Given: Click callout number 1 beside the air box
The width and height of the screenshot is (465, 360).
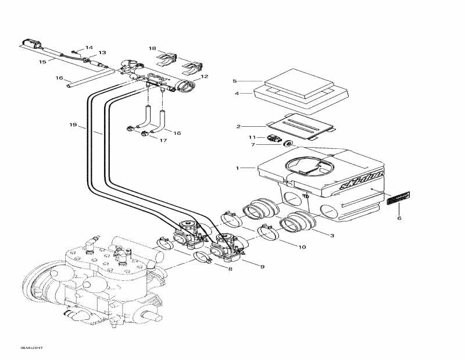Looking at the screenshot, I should pyautogui.click(x=237, y=168).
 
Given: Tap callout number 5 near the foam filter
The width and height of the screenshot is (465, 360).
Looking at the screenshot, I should pyautogui.click(x=235, y=81).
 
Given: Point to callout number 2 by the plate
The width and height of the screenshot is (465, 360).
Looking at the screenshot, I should pyautogui.click(x=238, y=126).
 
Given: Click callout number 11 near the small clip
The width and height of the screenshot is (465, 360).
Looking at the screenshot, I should pyautogui.click(x=252, y=137).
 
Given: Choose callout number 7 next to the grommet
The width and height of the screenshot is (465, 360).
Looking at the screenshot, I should pyautogui.click(x=253, y=144).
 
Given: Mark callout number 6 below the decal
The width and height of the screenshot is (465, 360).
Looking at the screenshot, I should pyautogui.click(x=399, y=219).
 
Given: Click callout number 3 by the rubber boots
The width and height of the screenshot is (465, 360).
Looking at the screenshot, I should pyautogui.click(x=332, y=235).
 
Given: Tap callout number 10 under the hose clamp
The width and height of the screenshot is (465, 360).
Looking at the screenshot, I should pyautogui.click(x=302, y=247).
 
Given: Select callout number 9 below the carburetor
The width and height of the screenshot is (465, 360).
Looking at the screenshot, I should pyautogui.click(x=262, y=266).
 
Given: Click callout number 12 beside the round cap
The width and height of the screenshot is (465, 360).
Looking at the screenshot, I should pyautogui.click(x=204, y=76).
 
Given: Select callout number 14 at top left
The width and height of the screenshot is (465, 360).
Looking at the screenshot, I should pyautogui.click(x=89, y=47).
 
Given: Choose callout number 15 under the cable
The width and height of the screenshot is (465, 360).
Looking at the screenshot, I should pyautogui.click(x=42, y=61).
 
